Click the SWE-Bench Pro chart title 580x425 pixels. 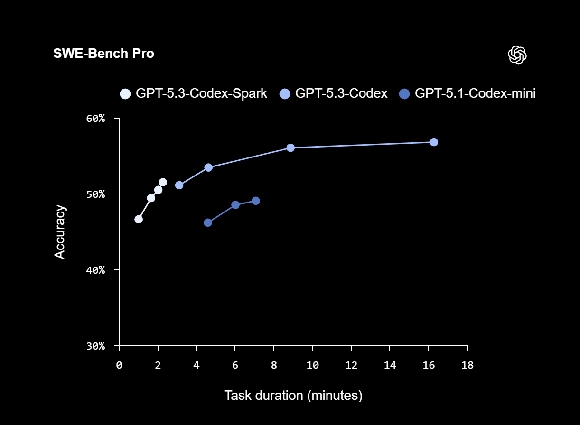tap(103, 54)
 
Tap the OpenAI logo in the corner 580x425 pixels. tap(517, 55)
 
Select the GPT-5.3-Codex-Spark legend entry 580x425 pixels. tap(194, 93)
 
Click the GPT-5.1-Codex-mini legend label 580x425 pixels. tap(475, 93)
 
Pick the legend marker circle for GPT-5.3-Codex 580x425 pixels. tap(284, 94)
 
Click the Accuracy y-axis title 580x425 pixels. tap(60, 232)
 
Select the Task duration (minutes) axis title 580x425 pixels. tap(293, 395)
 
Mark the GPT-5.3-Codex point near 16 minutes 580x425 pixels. tap(434, 142)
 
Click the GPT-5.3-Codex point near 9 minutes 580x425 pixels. tap(290, 148)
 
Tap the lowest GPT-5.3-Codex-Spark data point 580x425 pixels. tap(139, 219)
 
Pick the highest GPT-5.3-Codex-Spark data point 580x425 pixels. tap(163, 182)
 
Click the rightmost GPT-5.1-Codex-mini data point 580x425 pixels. tap(255, 201)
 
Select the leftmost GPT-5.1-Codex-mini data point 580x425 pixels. tap(208, 222)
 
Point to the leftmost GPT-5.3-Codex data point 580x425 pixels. tap(179, 185)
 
